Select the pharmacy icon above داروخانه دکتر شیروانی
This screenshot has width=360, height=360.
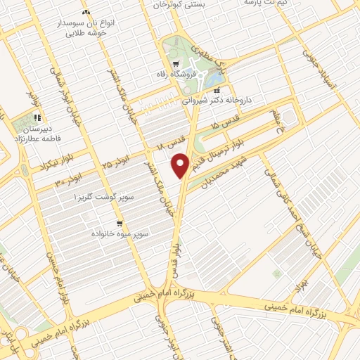(x=217, y=90)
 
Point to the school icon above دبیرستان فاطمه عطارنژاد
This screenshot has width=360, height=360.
(x=37, y=118)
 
